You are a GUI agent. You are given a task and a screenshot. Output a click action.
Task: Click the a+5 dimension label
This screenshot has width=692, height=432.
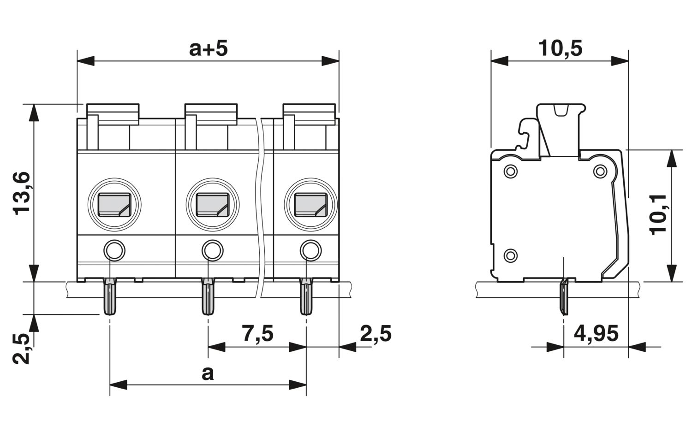pyautogui.click(x=208, y=49)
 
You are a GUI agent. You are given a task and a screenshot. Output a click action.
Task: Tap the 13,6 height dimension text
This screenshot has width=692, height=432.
pyautogui.click(x=22, y=193)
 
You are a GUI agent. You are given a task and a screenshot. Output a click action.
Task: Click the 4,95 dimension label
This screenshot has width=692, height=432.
pyautogui.click(x=596, y=333)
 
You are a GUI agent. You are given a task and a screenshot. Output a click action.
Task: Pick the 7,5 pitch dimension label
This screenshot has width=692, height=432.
pyautogui.click(x=258, y=333)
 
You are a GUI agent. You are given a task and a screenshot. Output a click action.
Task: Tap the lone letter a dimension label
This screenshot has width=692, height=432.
pyautogui.click(x=208, y=373)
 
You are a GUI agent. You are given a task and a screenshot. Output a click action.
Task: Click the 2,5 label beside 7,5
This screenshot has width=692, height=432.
pyautogui.click(x=376, y=333)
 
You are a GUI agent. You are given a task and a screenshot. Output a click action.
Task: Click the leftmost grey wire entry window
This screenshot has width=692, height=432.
pyautogui.click(x=114, y=205)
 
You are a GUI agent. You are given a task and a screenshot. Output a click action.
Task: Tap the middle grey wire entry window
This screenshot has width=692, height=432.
pyautogui.click(x=213, y=205)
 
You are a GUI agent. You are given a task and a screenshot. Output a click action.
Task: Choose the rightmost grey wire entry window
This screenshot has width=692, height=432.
pyautogui.click(x=311, y=205)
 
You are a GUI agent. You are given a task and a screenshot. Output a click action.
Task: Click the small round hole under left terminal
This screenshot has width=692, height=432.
pyautogui.click(x=114, y=250)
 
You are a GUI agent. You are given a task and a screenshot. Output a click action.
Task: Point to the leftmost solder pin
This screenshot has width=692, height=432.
pyautogui.click(x=110, y=296)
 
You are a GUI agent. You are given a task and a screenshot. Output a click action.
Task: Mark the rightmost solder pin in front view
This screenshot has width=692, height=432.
pyautogui.click(x=306, y=296)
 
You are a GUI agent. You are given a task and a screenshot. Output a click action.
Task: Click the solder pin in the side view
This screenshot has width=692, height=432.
pyautogui.click(x=564, y=297)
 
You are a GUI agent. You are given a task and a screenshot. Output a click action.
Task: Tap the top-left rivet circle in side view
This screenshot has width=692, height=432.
pyautogui.click(x=510, y=171)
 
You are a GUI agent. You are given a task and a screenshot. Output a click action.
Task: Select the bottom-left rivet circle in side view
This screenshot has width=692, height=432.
pyautogui.click(x=510, y=255)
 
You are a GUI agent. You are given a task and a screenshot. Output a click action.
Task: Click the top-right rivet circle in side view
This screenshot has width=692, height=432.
pyautogui.click(x=600, y=171)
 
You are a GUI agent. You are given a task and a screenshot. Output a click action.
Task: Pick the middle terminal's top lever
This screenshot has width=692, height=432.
pyautogui.click(x=211, y=114)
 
